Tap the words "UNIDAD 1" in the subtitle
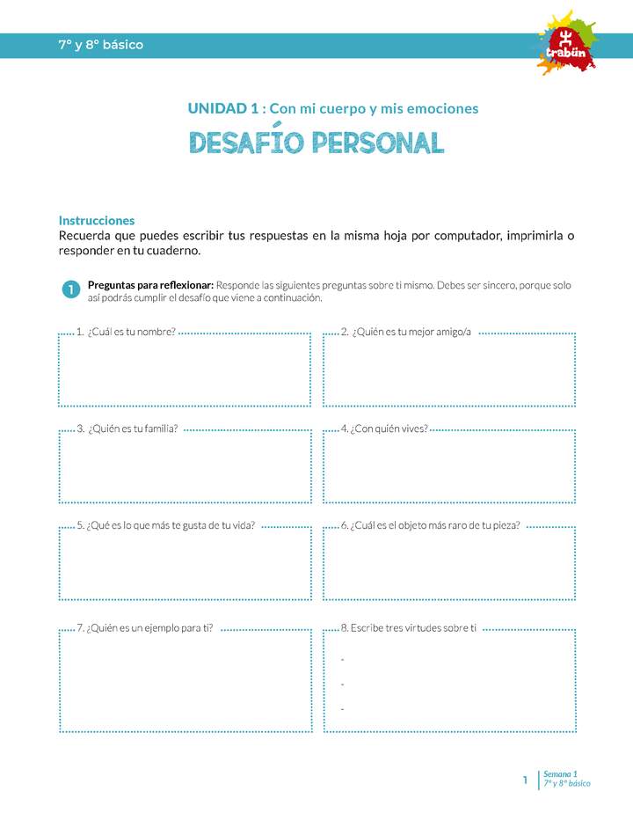click(x=223, y=108)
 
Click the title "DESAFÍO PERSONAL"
click(x=316, y=143)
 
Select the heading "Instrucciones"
click(x=97, y=221)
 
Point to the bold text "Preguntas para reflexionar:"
click(x=150, y=285)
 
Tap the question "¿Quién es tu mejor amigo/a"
click(x=406, y=332)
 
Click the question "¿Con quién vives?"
click(x=384, y=428)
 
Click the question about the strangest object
click(x=430, y=525)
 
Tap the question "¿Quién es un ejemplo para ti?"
click(x=144, y=628)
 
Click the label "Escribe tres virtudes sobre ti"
click(x=408, y=628)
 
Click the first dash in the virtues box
click(x=342, y=659)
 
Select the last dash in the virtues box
click(x=342, y=708)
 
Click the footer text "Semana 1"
click(x=560, y=773)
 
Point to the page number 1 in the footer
click(x=525, y=780)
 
